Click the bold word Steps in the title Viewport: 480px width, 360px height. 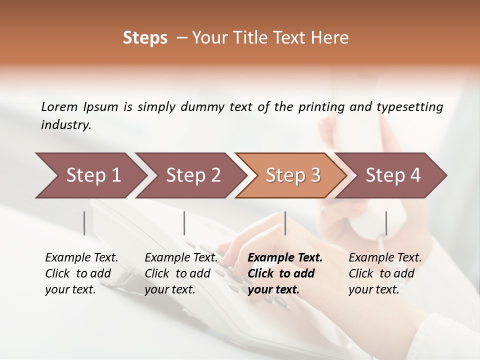(x=145, y=38)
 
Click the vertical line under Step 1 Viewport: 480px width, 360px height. (x=84, y=223)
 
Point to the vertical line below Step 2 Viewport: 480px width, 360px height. (x=184, y=223)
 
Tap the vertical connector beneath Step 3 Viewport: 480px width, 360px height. (x=285, y=223)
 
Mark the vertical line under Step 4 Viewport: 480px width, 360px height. (x=386, y=223)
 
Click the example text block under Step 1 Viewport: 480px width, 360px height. (x=81, y=273)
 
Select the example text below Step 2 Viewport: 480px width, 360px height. (x=181, y=273)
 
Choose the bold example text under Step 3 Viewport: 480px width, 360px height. (x=285, y=273)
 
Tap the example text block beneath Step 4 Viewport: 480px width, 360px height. (x=385, y=273)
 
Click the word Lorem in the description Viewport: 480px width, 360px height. (x=59, y=106)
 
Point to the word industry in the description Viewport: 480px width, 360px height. (x=66, y=125)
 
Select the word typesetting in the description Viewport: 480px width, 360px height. (x=409, y=106)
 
